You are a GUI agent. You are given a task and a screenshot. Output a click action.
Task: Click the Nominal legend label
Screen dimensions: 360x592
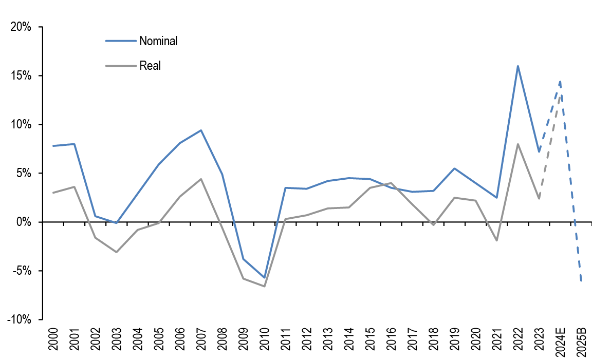[x=158, y=41]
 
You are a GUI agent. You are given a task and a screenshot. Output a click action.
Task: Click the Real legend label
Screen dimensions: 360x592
[x=150, y=66]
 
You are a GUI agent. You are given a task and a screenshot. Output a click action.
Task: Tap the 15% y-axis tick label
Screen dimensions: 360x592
[x=21, y=76]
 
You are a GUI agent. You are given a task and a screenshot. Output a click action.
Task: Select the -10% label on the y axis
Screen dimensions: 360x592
[x=19, y=319]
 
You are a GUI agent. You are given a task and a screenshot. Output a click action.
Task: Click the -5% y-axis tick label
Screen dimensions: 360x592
[x=21, y=271]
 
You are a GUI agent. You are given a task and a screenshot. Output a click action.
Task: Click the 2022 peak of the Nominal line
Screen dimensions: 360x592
[x=518, y=66]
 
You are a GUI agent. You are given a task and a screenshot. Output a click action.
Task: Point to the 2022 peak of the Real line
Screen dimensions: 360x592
[x=518, y=144]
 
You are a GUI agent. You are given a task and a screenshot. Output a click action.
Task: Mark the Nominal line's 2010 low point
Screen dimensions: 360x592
[x=265, y=278]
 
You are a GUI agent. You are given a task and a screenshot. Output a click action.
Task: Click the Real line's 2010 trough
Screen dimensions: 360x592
[x=265, y=286]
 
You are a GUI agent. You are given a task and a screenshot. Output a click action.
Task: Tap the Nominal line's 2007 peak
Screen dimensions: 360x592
[x=201, y=130]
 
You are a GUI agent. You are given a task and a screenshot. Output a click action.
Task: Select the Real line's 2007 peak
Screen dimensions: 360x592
[x=201, y=179]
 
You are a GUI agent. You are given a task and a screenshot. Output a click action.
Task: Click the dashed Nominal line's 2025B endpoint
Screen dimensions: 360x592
[x=581, y=281]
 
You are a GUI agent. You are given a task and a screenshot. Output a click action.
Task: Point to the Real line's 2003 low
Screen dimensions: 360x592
[x=117, y=252]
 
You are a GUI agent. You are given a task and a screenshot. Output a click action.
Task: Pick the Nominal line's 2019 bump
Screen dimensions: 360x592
[x=454, y=168]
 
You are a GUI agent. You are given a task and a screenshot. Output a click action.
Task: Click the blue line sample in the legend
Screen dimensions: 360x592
[x=121, y=41]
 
